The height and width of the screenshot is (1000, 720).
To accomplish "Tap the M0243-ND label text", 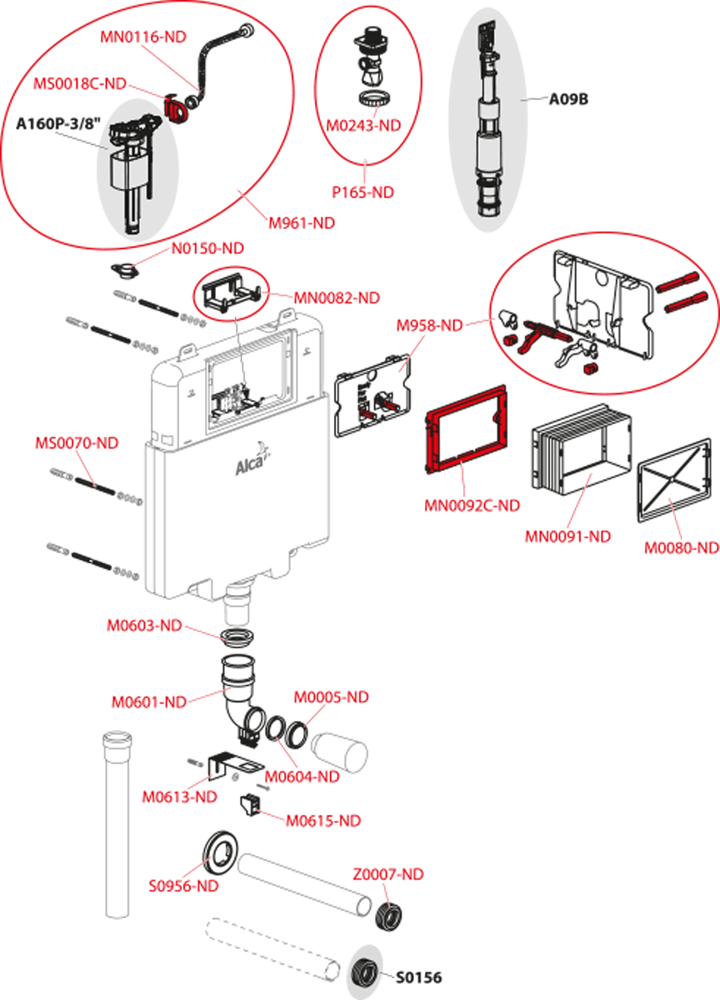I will coord(363,125).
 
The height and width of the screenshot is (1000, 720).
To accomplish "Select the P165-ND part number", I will coord(363,192).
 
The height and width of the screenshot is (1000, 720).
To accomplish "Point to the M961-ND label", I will coord(301,223).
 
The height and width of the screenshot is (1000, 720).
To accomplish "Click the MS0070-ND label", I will coord(76,442).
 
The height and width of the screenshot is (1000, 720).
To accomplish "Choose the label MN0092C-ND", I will coord(472,505).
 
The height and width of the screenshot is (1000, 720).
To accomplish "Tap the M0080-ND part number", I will coord(681,547).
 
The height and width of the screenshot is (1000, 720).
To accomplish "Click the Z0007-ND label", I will coord(387,875).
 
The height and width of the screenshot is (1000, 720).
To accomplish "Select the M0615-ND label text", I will coord(323,821).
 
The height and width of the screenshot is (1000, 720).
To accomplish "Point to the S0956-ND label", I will coord(183,887).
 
